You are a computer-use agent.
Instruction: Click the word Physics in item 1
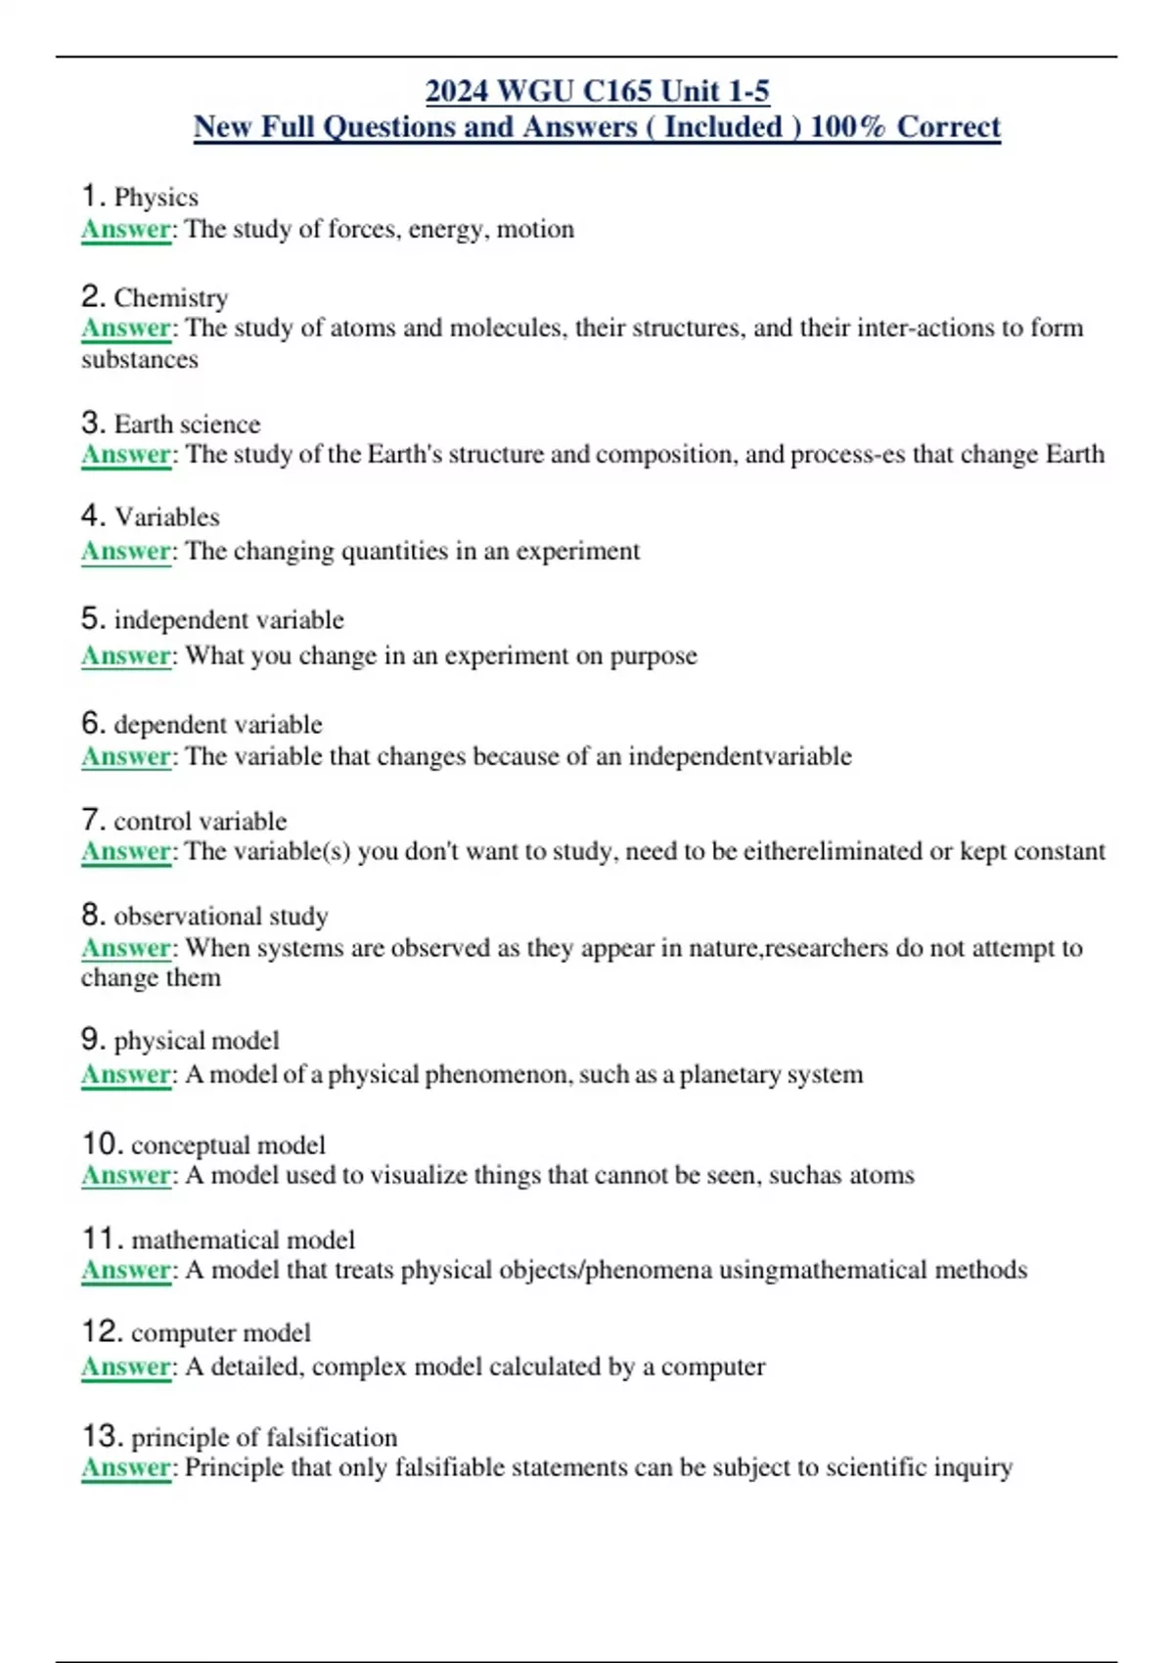point(156,198)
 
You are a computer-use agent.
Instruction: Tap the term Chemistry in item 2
point(171,297)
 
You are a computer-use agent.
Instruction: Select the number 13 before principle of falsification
point(102,1436)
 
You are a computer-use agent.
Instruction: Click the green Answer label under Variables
point(125,551)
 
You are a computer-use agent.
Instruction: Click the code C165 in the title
point(617,91)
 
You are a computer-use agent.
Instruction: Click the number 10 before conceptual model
point(102,1144)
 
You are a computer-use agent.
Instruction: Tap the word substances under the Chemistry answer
point(140,360)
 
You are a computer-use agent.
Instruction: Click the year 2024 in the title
point(457,91)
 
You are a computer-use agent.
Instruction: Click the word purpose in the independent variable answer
point(654,655)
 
